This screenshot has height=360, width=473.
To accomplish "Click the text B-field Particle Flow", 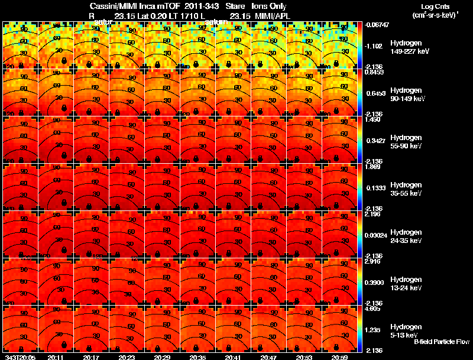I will click(x=441, y=342).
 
